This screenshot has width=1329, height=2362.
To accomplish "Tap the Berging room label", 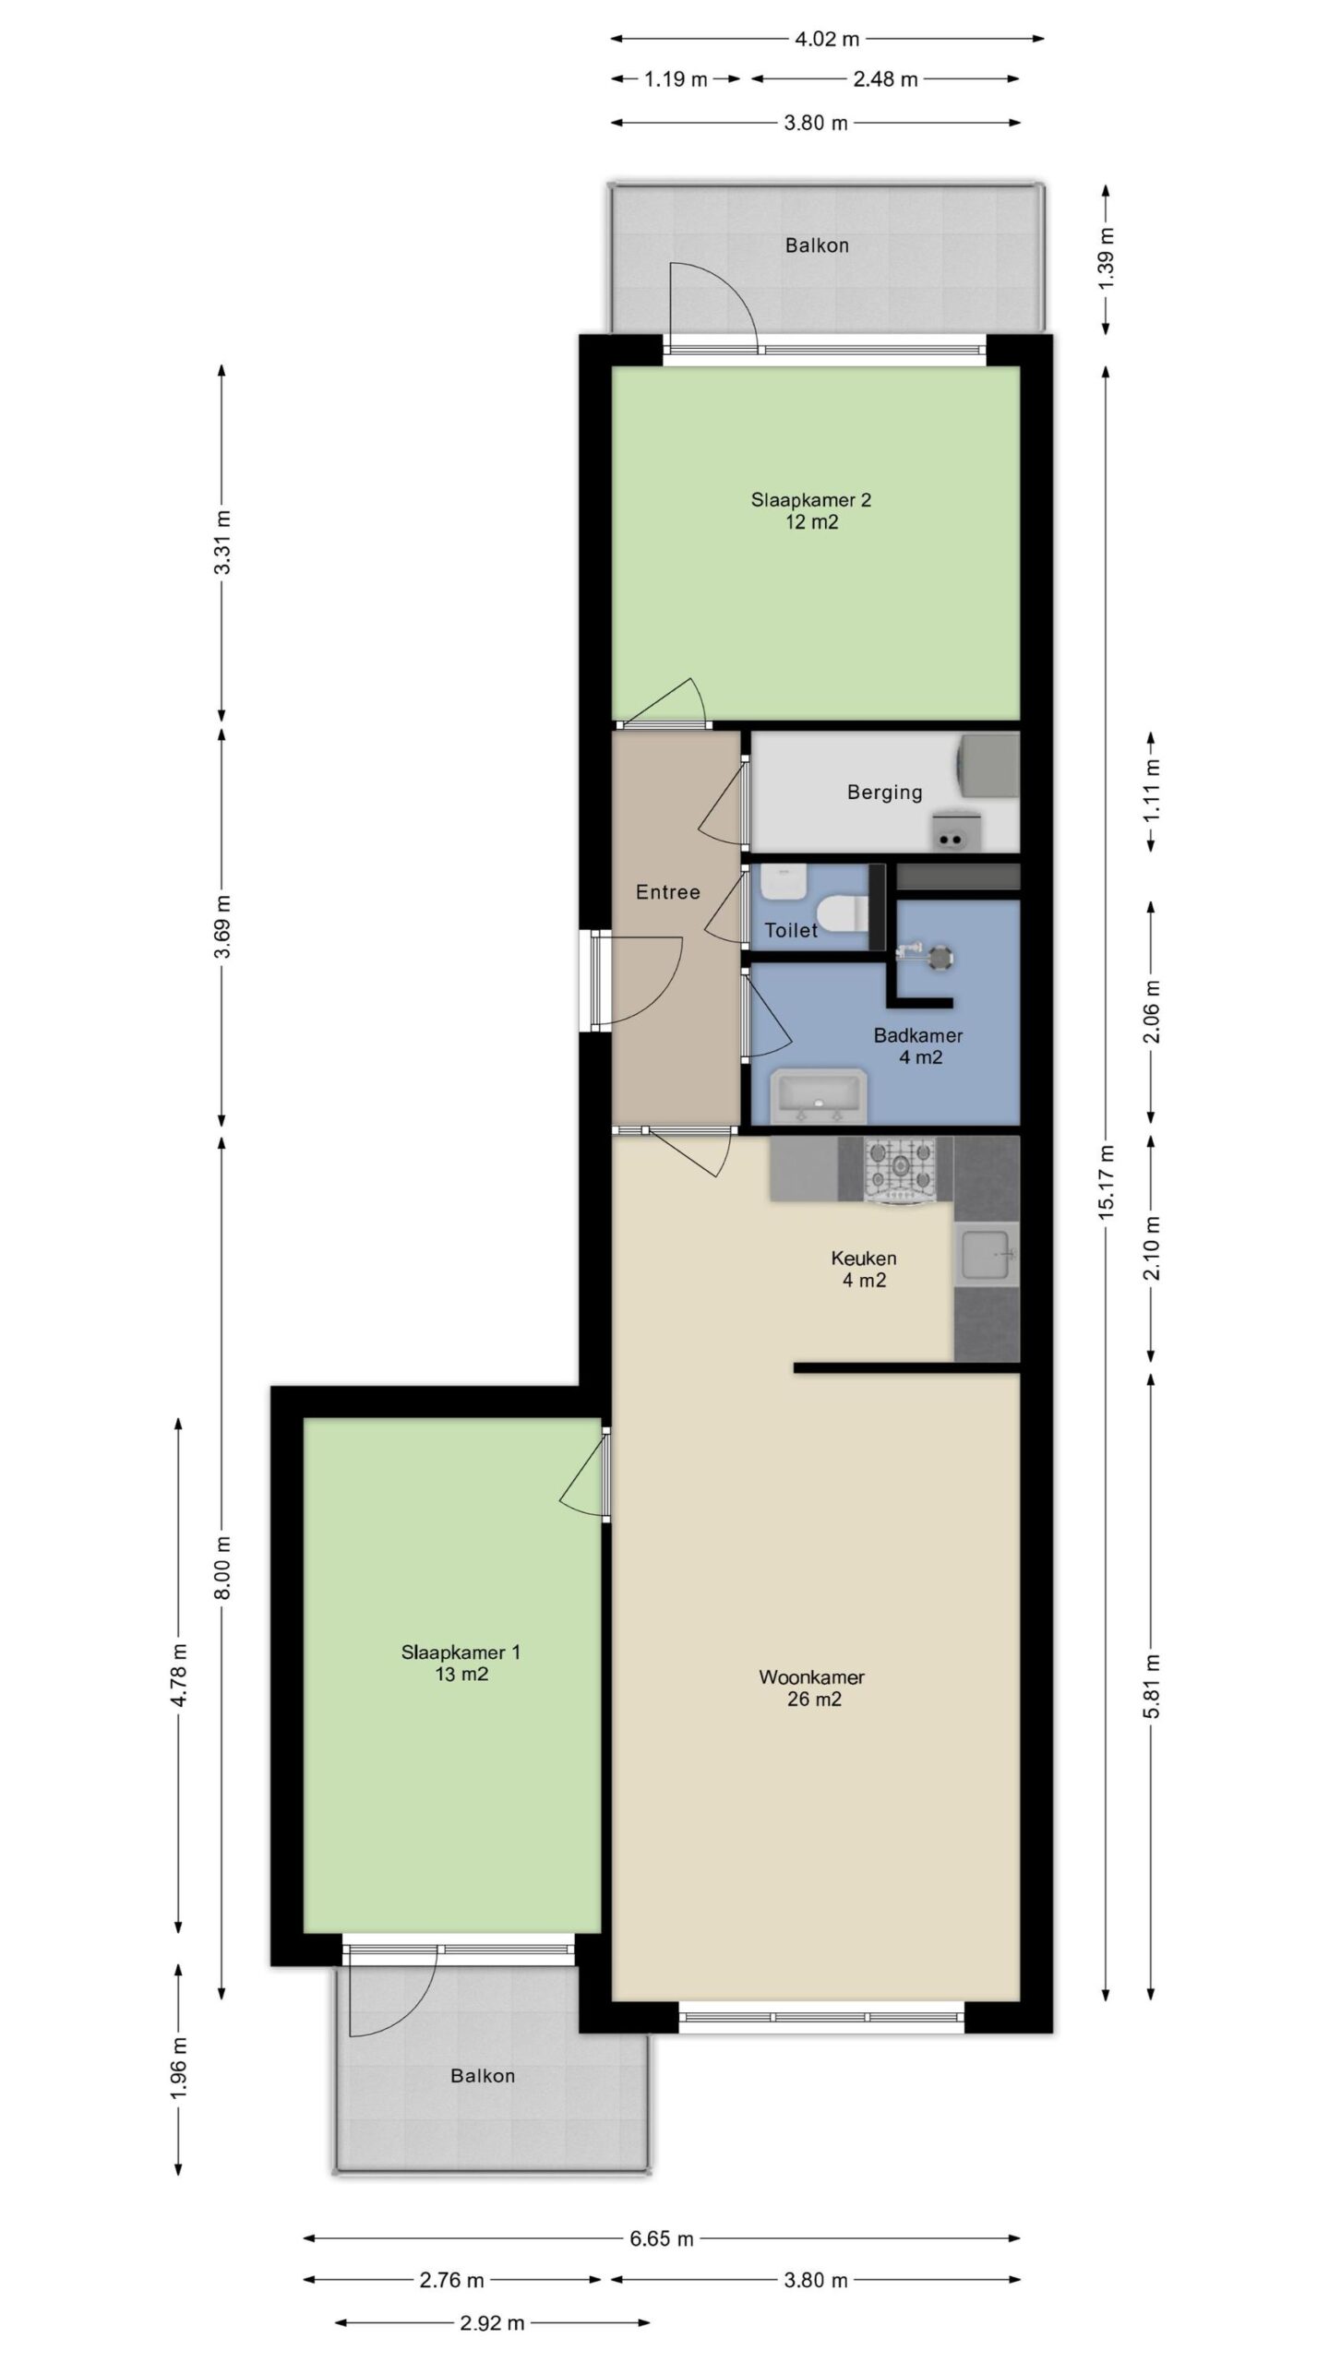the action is click(884, 792).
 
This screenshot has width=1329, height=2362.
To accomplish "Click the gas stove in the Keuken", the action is click(899, 1170).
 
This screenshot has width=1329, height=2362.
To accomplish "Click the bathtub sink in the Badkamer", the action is click(820, 1096).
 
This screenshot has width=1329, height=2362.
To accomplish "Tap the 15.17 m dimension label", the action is click(1107, 1182).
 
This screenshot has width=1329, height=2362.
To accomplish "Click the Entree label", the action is click(668, 892).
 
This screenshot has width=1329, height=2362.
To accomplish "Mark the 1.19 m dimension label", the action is click(676, 79).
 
